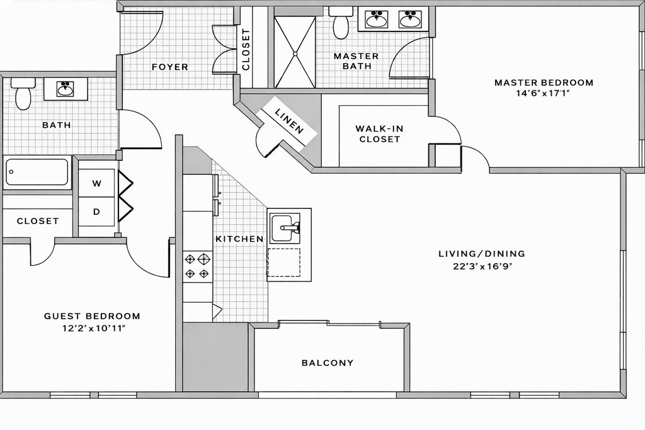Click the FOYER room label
pyautogui.click(x=169, y=67)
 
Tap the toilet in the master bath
pyautogui.click(x=341, y=23)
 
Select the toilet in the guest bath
pyautogui.click(x=23, y=94)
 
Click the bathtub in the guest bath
pyautogui.click(x=37, y=172)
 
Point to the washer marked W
pyautogui.click(x=96, y=183)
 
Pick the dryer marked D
pyautogui.click(x=96, y=212)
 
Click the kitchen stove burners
pyautogui.click(x=197, y=266)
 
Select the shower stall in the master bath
pyautogui.click(x=295, y=52)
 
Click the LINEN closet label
pyautogui.click(x=289, y=120)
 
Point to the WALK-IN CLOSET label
pyautogui.click(x=379, y=134)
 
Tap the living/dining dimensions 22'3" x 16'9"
pyautogui.click(x=482, y=266)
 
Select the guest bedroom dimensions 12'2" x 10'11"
pyautogui.click(x=92, y=328)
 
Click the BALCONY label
pyautogui.click(x=328, y=363)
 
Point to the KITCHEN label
pyautogui.click(x=239, y=239)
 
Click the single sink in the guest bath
pyautogui.click(x=66, y=89)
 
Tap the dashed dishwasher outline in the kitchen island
pyautogui.click(x=284, y=263)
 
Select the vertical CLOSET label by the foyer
pyautogui.click(x=246, y=49)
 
